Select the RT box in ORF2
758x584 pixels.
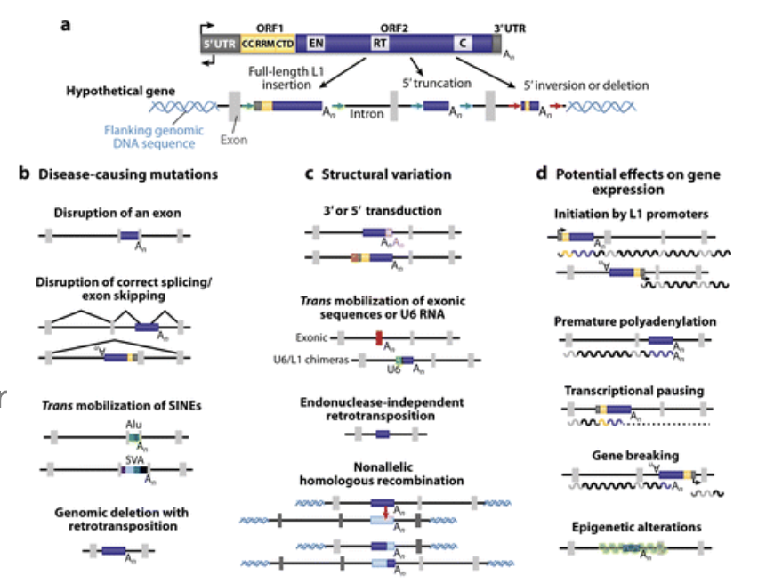pyautogui.click(x=379, y=42)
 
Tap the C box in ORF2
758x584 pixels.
pyautogui.click(x=463, y=42)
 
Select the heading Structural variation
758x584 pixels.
pyautogui.click(x=384, y=174)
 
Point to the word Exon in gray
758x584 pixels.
pyautogui.click(x=234, y=140)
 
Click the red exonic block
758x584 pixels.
pyautogui.click(x=378, y=338)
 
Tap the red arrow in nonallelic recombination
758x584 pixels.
pyautogui.click(x=384, y=511)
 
